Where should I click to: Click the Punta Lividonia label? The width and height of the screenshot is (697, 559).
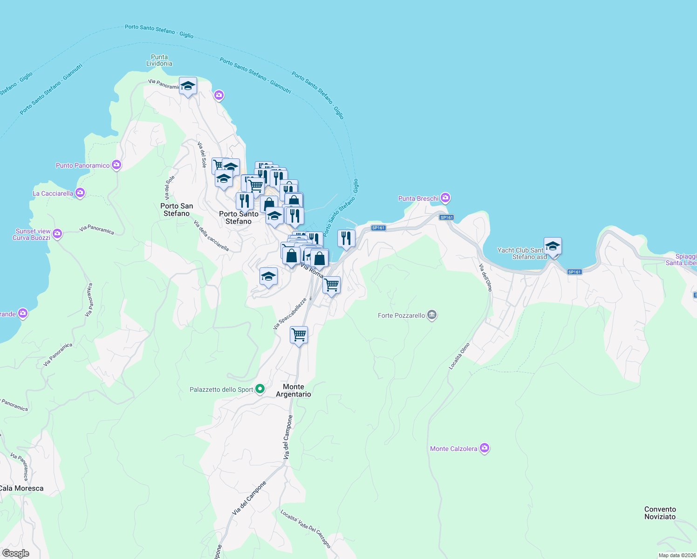tap(159, 60)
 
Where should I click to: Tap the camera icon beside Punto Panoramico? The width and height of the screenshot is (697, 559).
tap(116, 165)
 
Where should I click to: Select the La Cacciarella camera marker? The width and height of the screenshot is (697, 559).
tap(80, 193)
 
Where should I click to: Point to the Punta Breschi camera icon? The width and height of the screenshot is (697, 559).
tap(445, 198)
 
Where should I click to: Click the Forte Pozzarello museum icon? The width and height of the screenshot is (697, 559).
tap(432, 315)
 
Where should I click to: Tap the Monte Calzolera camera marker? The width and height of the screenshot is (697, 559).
tap(485, 448)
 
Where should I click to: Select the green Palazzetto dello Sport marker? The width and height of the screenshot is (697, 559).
tap(260, 389)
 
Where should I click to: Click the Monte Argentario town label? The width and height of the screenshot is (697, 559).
tap(294, 390)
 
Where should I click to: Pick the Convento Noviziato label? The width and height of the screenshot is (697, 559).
tap(660, 513)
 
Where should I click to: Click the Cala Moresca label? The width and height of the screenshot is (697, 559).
tap(21, 488)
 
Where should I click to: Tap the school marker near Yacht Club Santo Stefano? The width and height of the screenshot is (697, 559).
tap(553, 246)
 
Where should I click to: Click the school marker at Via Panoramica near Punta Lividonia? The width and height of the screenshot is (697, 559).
tap(188, 86)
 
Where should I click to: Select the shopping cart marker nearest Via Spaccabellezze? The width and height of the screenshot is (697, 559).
tap(299, 334)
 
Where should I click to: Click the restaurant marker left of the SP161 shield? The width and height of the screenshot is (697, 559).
tap(346, 239)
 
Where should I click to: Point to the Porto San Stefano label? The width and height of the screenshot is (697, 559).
tap(177, 210)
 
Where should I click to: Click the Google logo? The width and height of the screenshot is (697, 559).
tap(15, 553)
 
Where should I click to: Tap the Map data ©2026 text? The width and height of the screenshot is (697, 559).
tap(677, 555)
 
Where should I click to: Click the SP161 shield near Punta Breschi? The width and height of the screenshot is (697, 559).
tap(446, 218)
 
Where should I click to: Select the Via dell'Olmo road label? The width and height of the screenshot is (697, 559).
tap(485, 277)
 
